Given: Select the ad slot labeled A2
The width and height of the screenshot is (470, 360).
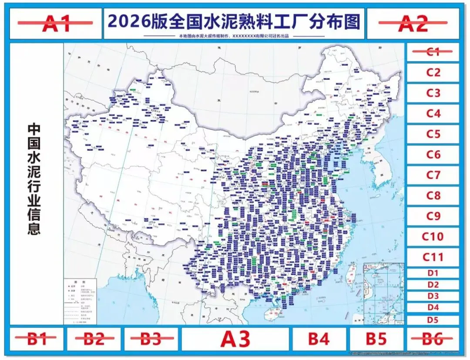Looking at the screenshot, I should [x=413, y=24].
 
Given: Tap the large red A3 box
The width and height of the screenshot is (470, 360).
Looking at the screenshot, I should [x=235, y=339].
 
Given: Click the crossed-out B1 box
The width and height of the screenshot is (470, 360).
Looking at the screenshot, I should [x=37, y=339].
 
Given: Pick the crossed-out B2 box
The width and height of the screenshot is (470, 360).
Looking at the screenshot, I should [x=94, y=339].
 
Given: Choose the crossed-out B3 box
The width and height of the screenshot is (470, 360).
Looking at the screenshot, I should [x=151, y=339].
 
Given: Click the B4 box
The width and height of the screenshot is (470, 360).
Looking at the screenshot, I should [x=319, y=339].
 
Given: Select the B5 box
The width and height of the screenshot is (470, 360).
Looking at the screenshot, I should [x=376, y=339].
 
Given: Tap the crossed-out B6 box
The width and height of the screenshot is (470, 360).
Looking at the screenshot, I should [x=433, y=339].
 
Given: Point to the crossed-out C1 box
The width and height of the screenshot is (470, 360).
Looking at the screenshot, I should [x=433, y=52].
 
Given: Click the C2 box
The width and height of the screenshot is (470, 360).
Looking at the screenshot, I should [x=433, y=72].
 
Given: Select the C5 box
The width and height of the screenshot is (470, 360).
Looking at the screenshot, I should [x=433, y=134].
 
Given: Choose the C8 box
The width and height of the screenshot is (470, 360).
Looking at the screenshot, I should [x=433, y=195].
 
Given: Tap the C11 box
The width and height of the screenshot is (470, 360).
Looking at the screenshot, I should [x=433, y=257].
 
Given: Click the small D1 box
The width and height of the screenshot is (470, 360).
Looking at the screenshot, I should [x=433, y=273].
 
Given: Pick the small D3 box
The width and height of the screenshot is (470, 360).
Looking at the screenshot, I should [x=433, y=296].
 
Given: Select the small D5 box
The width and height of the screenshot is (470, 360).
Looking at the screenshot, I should [x=433, y=320].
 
